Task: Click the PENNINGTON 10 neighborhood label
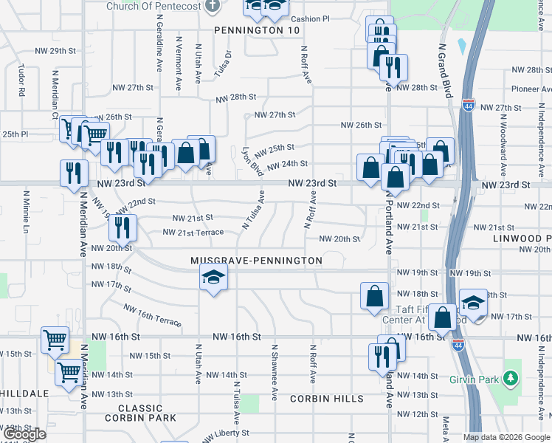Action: [x=258, y=30]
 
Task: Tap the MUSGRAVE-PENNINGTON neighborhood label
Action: [x=256, y=261]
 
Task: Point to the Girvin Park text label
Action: [x=472, y=380]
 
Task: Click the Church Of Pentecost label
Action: [x=153, y=6]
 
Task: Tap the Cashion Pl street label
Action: [x=310, y=18]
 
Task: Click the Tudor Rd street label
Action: [x=23, y=82]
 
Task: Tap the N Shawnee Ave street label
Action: [x=274, y=372]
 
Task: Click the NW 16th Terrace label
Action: [x=152, y=315]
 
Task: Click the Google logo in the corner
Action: [x=24, y=434]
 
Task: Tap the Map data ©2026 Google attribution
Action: [x=506, y=437]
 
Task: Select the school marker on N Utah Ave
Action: [x=214, y=278]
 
